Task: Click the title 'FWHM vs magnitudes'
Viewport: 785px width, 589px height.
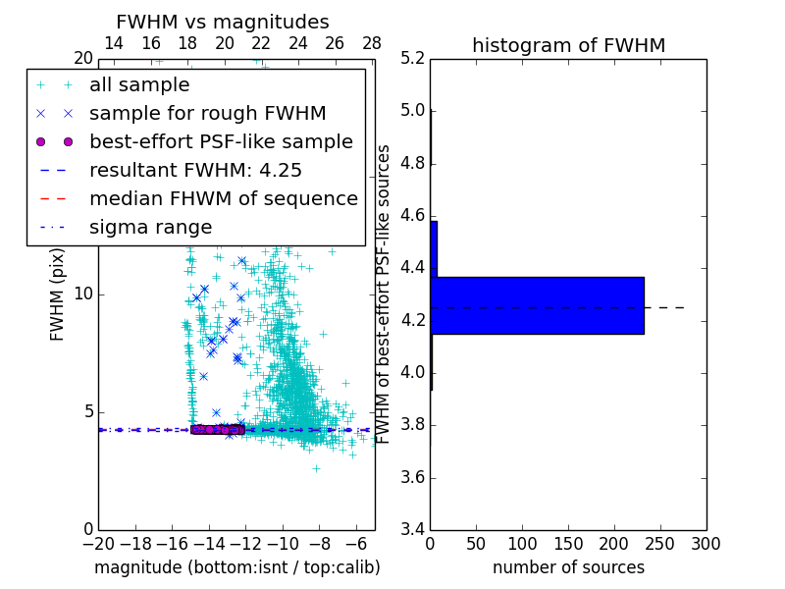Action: [x=223, y=23]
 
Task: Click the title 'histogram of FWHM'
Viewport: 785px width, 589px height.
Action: [x=568, y=45]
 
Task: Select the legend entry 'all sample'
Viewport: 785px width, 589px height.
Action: [x=139, y=85]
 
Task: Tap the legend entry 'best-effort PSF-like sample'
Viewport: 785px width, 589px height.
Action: [x=221, y=141]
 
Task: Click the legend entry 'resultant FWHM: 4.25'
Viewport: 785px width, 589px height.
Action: [x=195, y=170]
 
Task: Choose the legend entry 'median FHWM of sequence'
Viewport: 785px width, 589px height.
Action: [x=223, y=198]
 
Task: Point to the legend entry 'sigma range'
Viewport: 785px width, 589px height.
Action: [x=150, y=227]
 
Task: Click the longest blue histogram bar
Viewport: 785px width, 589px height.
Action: [x=537, y=305]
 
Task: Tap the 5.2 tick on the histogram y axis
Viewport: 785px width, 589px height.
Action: [x=412, y=58]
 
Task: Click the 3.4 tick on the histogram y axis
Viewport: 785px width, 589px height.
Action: [x=412, y=530]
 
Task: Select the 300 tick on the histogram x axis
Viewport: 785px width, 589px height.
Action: [x=706, y=544]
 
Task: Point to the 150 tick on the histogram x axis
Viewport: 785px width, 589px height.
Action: [x=568, y=544]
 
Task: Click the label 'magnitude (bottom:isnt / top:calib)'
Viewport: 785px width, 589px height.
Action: [x=236, y=567]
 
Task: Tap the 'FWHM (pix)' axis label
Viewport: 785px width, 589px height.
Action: [x=58, y=294]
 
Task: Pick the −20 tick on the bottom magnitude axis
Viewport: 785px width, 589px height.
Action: [x=98, y=544]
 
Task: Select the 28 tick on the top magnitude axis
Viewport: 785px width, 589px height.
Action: [x=372, y=43]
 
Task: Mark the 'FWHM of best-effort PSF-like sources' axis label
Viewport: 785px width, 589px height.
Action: [x=384, y=294]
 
